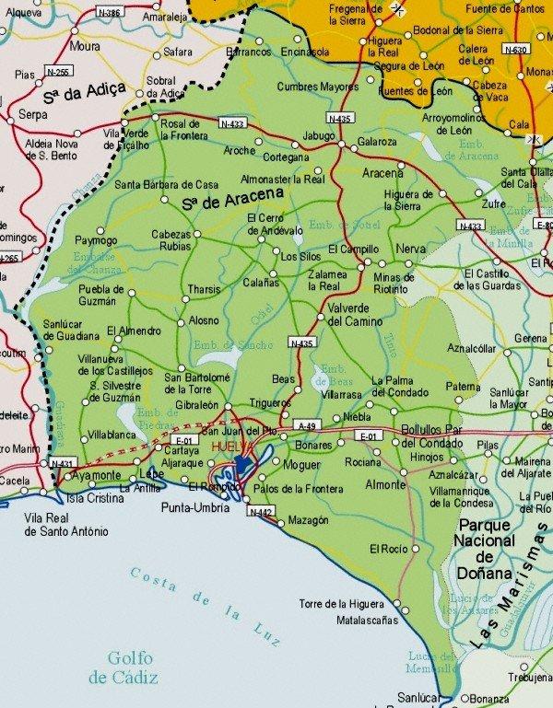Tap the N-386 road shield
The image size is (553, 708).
109,13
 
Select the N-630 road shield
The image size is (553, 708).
518,49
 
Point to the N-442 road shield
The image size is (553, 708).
259,511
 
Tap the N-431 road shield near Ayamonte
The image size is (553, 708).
62,462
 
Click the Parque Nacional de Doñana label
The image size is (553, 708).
485,548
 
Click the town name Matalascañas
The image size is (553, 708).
367,620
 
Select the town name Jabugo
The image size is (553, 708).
318,134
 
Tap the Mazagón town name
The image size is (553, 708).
308,520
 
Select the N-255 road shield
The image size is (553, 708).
55,71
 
